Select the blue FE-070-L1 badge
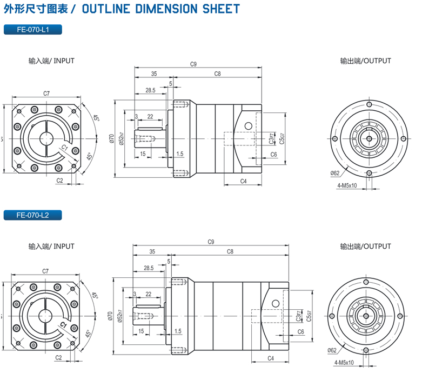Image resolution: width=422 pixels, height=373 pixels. pos(32,30)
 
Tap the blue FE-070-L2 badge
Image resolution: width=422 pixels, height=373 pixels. pos(32,215)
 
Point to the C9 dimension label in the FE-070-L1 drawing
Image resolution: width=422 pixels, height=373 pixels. pos(193,64)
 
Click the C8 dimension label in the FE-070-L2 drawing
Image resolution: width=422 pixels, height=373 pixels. pos(230,251)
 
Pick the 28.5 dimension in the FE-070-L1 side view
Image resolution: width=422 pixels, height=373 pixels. pos(150,90)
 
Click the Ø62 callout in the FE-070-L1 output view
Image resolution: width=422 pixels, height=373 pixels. pos(334,173)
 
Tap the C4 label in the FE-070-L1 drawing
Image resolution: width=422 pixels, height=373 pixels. pos(243,181)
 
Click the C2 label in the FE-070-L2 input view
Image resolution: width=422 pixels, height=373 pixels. pos(58,358)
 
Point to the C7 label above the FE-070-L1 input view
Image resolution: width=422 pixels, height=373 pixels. pos(46,94)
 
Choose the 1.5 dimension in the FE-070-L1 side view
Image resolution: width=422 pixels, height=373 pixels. pos(179,154)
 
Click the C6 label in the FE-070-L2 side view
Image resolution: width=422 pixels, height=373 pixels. pos(300,331)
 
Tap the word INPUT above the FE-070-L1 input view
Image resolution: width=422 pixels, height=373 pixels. pos(64,61)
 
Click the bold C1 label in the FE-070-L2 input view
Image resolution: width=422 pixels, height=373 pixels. pos(63,325)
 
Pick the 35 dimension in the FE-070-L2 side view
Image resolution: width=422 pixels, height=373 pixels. pos(152,251)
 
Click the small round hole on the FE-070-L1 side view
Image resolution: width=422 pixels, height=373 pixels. pos(249,126)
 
